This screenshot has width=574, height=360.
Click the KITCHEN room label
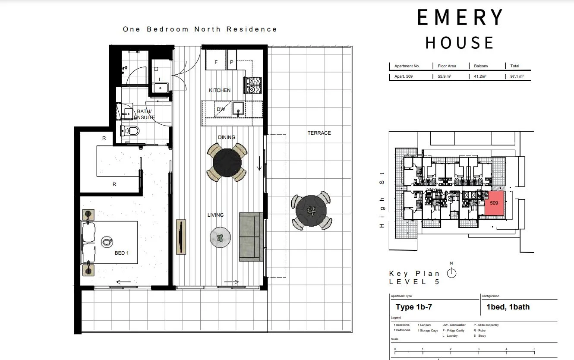pyautogui.click(x=220, y=90)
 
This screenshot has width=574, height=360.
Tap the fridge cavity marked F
pyautogui.click(x=216, y=60)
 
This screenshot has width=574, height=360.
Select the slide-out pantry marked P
pyautogui.click(x=232, y=60)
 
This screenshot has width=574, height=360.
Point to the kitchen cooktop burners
pyautogui.click(x=254, y=85)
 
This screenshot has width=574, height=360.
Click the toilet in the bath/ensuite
pyautogui.click(x=130, y=131)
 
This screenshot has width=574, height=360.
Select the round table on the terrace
pyautogui.click(x=311, y=211)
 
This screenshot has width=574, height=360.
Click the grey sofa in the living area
pyautogui.click(x=251, y=237)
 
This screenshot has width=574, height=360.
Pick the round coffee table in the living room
pyautogui.click(x=220, y=237)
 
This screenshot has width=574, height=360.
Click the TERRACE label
pyautogui.click(x=319, y=133)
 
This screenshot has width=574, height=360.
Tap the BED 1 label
pyautogui.click(x=121, y=253)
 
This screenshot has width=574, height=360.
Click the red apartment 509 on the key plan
pyautogui.click(x=495, y=203)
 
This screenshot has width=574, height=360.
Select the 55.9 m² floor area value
pyautogui.click(x=445, y=76)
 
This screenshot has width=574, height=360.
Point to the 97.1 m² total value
pyautogui.click(x=517, y=76)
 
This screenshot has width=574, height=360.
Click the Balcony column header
pyautogui.click(x=481, y=66)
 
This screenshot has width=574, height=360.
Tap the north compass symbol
pyautogui.click(x=451, y=273)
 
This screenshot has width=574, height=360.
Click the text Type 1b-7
pyautogui.click(x=413, y=307)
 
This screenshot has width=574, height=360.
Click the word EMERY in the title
pyautogui.click(x=460, y=17)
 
